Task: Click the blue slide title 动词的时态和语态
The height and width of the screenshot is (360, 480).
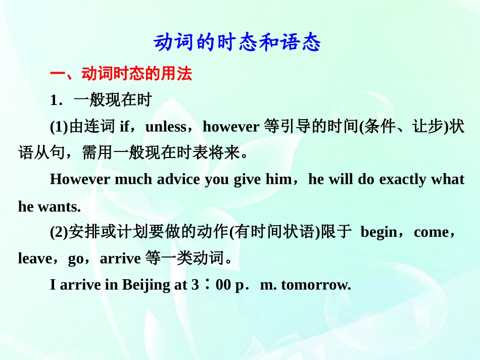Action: (x=237, y=43)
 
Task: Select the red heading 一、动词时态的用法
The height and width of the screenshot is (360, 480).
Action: (x=121, y=74)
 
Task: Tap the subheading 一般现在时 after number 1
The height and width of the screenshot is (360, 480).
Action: (x=113, y=100)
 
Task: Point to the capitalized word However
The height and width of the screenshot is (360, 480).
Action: (x=80, y=180)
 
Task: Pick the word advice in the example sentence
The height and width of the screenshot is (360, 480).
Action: (x=179, y=180)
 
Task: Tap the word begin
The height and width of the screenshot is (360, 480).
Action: (x=379, y=232)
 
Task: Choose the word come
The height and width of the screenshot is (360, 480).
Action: (x=430, y=232)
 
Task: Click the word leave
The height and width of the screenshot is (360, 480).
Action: (x=35, y=259)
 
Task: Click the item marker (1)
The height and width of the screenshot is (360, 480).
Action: (x=59, y=127)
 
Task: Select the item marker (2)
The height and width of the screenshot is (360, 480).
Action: (x=59, y=232)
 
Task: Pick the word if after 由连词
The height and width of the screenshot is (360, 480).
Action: (x=124, y=127)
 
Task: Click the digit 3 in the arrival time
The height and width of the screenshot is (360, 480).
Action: (x=195, y=285)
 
